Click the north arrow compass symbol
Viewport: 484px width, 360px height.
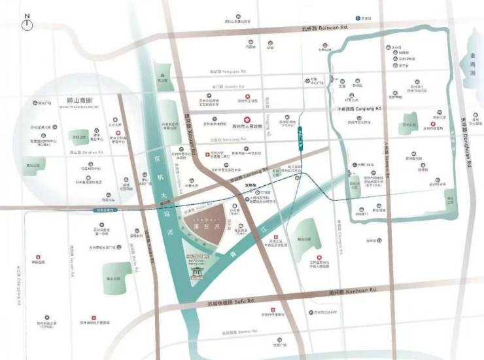[27, 24]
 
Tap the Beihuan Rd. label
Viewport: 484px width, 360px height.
[325, 28]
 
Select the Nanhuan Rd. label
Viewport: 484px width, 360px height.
[353, 289]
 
